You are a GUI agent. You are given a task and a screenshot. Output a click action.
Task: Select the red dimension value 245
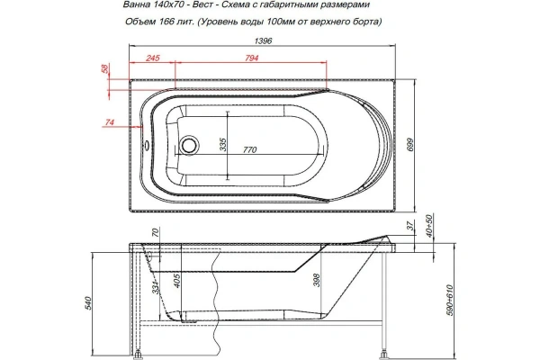152,59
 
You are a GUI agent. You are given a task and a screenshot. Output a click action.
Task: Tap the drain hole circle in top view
189,144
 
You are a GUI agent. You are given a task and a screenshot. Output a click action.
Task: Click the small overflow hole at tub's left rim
148,143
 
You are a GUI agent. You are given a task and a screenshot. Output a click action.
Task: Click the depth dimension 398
314,282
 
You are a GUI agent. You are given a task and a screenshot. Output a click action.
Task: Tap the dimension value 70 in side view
155,232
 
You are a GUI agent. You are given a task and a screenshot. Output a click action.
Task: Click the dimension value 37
408,226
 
